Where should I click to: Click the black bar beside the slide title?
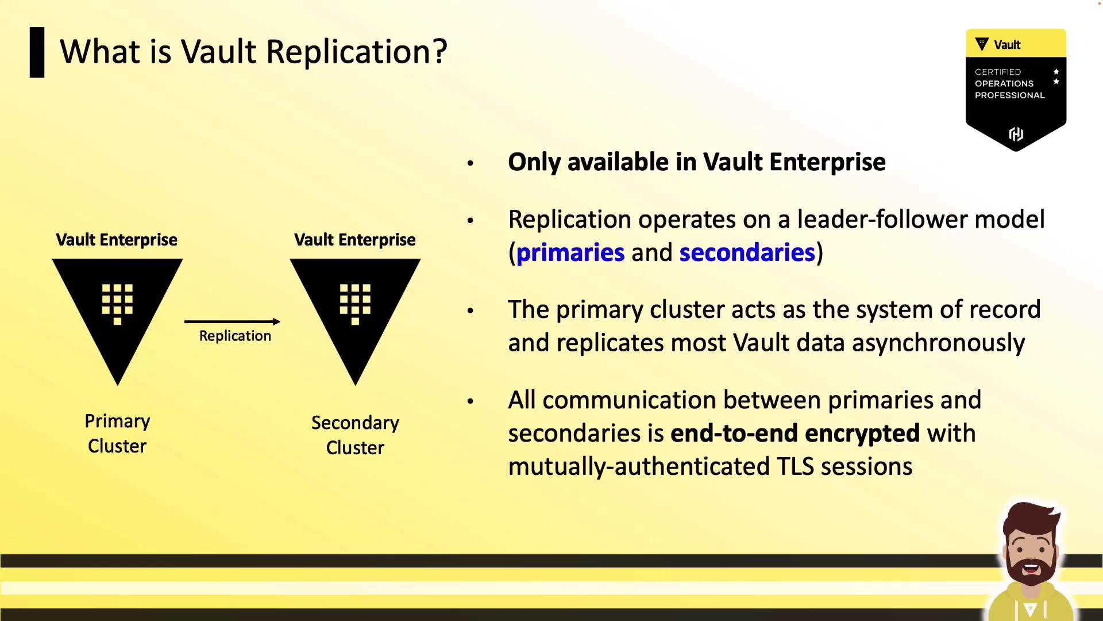pos(37,52)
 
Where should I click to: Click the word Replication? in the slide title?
pos(357,52)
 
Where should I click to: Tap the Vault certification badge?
pos(1016,90)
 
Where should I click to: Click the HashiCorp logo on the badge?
pos(1016,134)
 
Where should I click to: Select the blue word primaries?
pos(570,253)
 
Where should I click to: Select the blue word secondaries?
pos(747,253)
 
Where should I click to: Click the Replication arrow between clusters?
pos(232,321)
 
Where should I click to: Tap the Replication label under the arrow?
pos(235,336)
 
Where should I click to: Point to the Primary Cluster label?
pos(117,434)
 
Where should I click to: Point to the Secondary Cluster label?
pos(355,435)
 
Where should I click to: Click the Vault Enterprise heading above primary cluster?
pos(117,240)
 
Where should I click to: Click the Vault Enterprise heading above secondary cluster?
pos(355,240)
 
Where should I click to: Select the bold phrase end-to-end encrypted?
pos(795,434)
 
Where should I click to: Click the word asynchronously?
pos(938,343)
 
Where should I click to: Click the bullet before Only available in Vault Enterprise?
pos(470,163)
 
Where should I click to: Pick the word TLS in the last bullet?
pos(795,466)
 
